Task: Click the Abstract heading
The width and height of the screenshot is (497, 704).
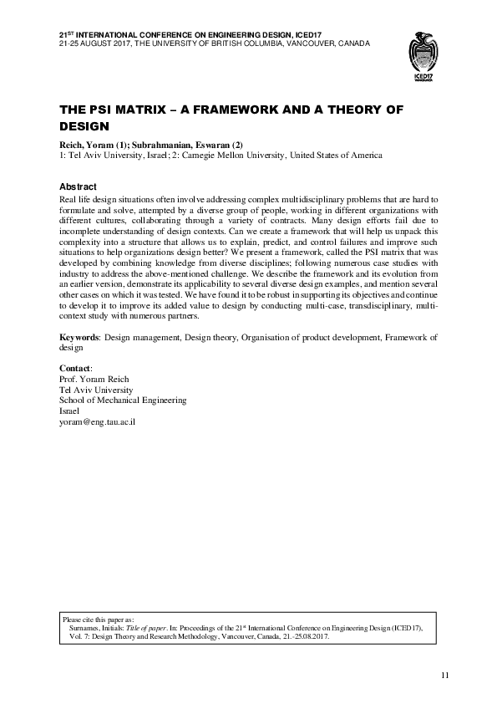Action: click(x=79, y=186)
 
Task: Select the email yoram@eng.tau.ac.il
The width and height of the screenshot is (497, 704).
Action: click(x=98, y=423)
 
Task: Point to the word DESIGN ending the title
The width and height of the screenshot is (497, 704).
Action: click(x=84, y=127)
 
